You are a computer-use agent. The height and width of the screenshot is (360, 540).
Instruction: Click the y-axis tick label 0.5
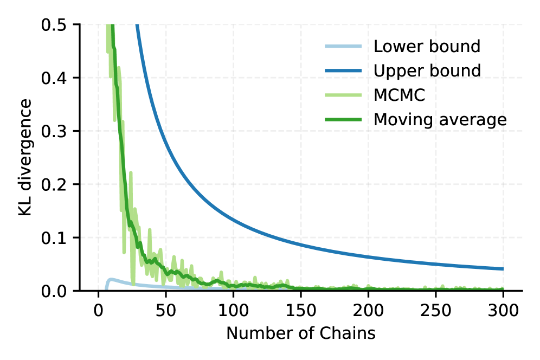(54, 25)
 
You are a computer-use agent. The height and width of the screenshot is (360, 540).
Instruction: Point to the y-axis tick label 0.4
(54, 78)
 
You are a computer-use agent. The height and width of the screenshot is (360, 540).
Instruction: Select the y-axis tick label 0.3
(54, 132)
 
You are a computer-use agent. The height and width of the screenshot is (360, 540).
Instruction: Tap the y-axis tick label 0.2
(54, 185)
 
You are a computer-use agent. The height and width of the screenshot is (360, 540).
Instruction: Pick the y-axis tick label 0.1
(54, 238)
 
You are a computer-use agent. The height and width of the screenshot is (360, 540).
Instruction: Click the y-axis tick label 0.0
(54, 292)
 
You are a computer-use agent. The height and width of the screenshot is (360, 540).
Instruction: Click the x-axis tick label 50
(166, 311)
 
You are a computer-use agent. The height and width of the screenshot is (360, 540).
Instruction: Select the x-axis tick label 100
(233, 311)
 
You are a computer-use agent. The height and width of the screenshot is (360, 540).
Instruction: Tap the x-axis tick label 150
(301, 311)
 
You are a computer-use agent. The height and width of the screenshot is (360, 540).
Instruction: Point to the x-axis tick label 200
(368, 311)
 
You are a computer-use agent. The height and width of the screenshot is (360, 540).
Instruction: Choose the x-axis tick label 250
(436, 311)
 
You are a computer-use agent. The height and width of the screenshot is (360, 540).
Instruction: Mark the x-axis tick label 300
(503, 311)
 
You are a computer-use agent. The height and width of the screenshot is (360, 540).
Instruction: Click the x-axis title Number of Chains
(301, 333)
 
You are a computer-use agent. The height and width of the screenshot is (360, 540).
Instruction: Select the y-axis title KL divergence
(25, 157)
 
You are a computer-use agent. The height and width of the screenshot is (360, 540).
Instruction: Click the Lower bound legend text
(427, 46)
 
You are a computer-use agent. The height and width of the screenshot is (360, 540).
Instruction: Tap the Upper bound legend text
(427, 70)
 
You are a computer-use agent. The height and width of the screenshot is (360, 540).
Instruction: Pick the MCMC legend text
(400, 95)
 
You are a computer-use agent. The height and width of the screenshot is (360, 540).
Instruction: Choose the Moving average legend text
(440, 120)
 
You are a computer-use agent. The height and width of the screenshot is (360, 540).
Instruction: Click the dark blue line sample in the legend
(343, 70)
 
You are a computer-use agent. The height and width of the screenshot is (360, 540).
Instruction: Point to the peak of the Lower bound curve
(111, 279)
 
